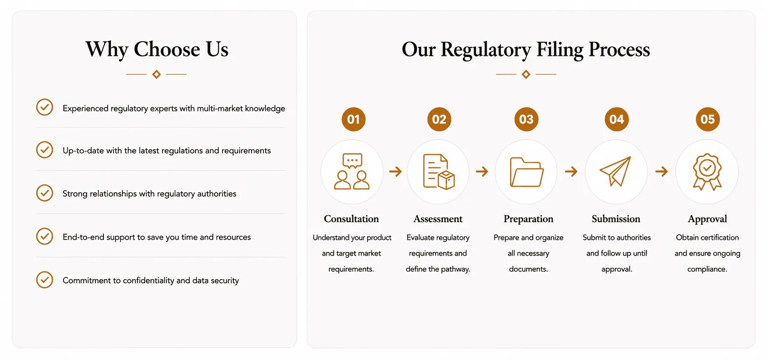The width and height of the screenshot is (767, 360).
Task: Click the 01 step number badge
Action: [x=354, y=119]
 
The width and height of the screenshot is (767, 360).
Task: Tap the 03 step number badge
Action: [x=526, y=119]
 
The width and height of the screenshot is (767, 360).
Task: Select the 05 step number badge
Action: [x=708, y=119]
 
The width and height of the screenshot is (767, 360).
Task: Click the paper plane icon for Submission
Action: [x=615, y=171]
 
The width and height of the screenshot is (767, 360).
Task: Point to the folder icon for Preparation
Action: [x=527, y=172]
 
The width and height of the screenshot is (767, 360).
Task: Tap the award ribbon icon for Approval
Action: [x=707, y=172]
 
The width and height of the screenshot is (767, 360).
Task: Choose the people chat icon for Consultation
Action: [x=352, y=171]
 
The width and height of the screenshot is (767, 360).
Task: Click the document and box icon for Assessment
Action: [x=439, y=172]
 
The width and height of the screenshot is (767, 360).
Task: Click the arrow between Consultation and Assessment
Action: [x=395, y=171]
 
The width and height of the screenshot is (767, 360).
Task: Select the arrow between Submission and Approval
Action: [x=661, y=171]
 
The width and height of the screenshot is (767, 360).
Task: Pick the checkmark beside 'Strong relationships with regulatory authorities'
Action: [x=44, y=193]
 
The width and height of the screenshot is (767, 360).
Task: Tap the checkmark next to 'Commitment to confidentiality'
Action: [x=44, y=280]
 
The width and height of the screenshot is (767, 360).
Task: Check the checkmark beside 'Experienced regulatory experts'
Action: [x=44, y=107]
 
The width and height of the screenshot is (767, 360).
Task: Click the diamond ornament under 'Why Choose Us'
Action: [x=156, y=74]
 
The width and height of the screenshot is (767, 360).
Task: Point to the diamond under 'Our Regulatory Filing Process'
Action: [x=526, y=74]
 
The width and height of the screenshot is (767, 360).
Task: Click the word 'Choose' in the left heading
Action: [x=167, y=49]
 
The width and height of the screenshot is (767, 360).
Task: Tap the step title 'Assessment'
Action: [x=438, y=219]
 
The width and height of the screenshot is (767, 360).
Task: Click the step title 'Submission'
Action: [x=616, y=219]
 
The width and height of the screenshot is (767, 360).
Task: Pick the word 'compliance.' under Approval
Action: [x=707, y=269]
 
